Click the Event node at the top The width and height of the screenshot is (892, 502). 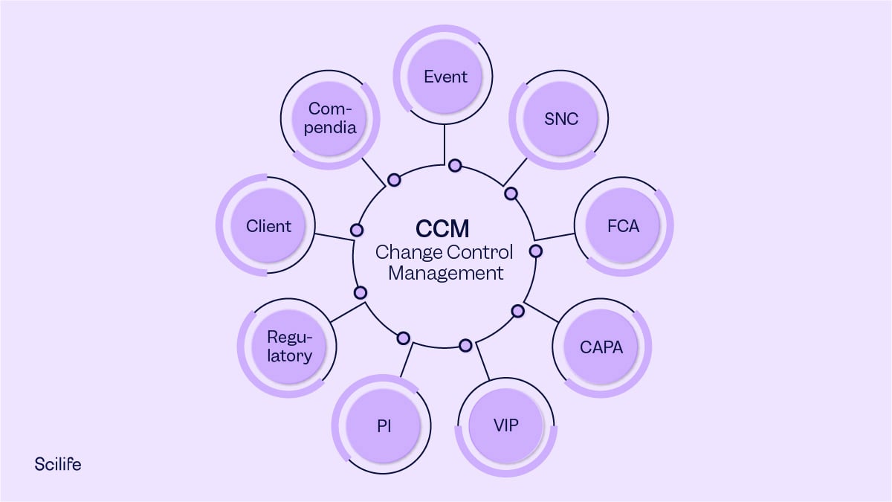click(445, 77)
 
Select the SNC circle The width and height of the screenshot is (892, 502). click(560, 120)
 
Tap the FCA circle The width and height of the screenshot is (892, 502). click(623, 225)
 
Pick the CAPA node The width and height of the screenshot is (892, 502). click(601, 347)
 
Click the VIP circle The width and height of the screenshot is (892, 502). click(505, 426)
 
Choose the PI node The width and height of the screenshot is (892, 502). click(384, 426)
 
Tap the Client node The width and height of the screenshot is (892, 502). click(268, 225)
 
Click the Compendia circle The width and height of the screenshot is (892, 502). click(332, 118)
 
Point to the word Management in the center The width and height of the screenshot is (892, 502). click(445, 273)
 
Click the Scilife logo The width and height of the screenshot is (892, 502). click(58, 464)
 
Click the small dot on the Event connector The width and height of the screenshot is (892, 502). click(454, 165)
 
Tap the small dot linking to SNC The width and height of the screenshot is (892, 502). click(511, 193)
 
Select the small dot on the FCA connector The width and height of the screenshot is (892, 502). click(534, 251)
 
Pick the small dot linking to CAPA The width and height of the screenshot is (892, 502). click(518, 311)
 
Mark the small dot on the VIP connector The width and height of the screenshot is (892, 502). click(465, 345)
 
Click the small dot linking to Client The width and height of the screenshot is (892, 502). click(357, 230)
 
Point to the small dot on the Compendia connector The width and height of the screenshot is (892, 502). click(394, 179)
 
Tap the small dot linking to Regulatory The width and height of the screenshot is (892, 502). click(361, 292)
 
